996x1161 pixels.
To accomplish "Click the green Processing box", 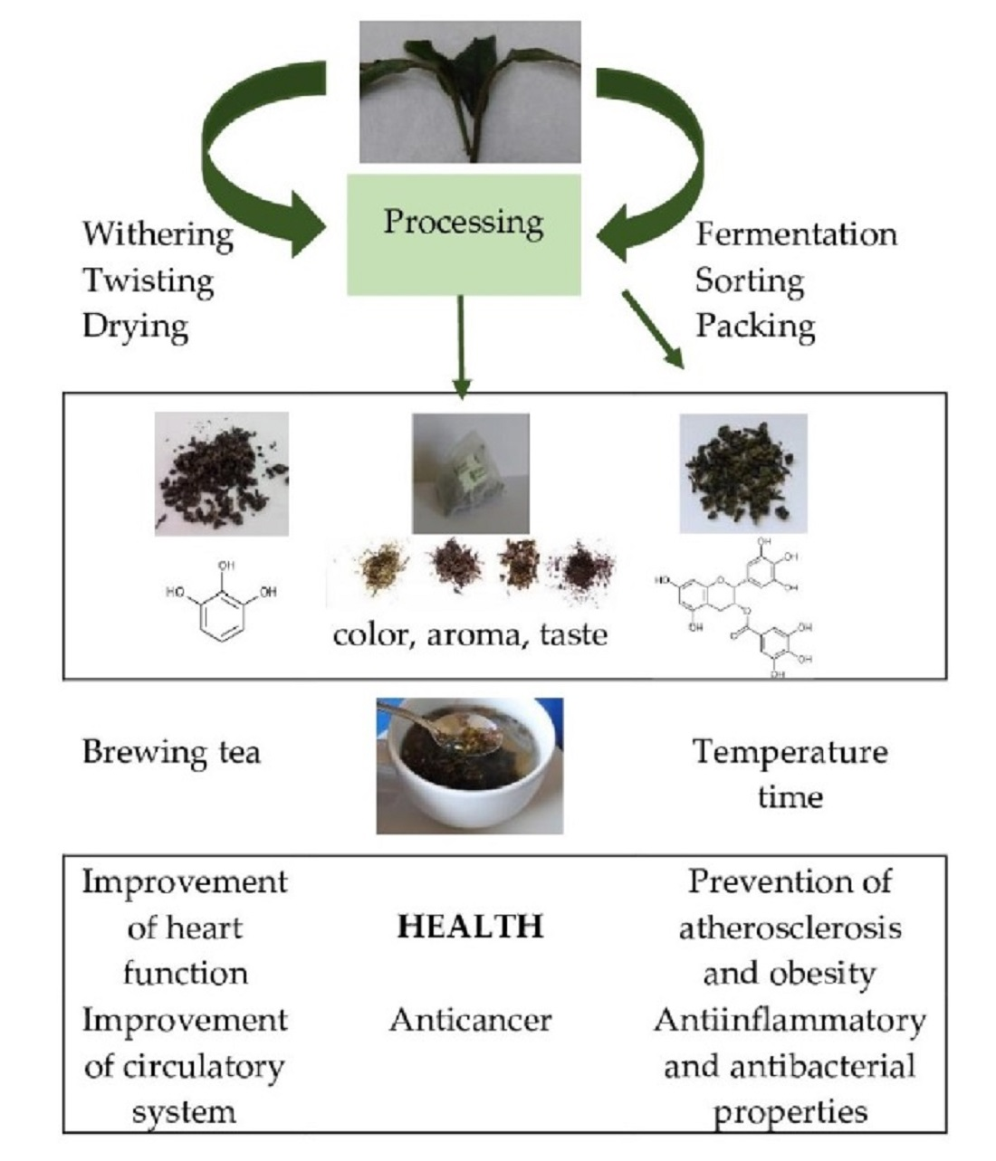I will point(464,234).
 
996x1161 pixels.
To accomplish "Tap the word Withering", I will point(158,233).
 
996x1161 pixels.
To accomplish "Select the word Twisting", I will point(148,281).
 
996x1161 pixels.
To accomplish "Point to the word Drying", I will point(135,327).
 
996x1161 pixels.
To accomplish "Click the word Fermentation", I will point(796,234).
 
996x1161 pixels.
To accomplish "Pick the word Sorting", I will point(749,281).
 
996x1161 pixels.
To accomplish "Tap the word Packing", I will point(755,327).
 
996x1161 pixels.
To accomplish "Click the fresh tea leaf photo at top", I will point(470,92).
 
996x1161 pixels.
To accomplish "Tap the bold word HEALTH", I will point(470,927).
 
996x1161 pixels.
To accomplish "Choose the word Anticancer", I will point(470,1020).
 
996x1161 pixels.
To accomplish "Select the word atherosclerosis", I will point(790,928).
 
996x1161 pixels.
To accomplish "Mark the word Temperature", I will point(790,752).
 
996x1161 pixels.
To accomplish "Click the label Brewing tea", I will point(171,752).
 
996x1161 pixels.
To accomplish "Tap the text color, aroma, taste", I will point(470,634).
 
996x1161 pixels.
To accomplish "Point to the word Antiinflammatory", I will point(790,1020).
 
